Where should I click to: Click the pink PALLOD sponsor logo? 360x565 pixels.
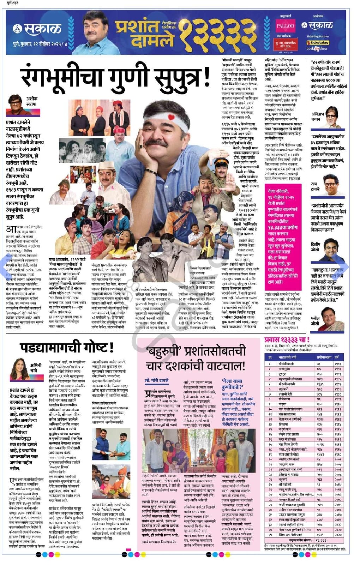tap(286, 26)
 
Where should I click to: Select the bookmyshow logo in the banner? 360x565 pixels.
tap(317, 48)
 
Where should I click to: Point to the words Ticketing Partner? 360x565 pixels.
tap(317, 36)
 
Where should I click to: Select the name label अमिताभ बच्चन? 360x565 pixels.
tap(318, 117)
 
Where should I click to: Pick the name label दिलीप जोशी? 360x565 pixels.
tap(315, 246)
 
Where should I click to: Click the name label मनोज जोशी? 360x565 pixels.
tap(315, 321)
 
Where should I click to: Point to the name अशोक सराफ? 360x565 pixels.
tap(31, 101)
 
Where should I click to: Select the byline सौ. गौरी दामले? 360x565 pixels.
tap(157, 380)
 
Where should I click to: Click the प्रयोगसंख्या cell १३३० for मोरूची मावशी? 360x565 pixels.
tap(320, 384)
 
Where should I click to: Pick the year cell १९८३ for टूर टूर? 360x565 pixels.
tap(338, 374)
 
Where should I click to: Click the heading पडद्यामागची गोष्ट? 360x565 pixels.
tap(67, 347)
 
